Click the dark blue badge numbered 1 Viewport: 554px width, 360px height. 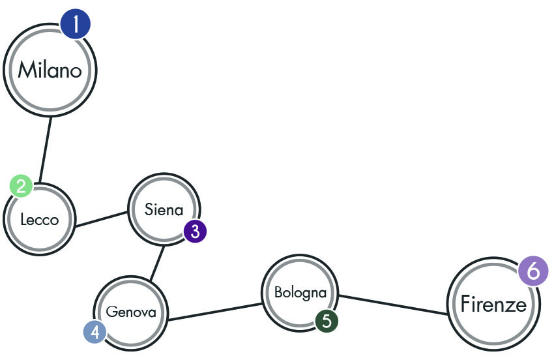point(75,24)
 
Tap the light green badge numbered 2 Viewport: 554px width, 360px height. point(22,186)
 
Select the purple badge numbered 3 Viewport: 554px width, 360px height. point(195,232)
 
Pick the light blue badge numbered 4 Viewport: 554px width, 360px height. point(95,333)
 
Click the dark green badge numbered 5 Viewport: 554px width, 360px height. point(327,321)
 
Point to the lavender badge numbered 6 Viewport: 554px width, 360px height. point(534,271)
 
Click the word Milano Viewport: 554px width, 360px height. point(50,70)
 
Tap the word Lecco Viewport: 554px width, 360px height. point(40,220)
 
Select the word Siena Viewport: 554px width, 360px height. point(164,210)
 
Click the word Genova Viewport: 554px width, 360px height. point(131,312)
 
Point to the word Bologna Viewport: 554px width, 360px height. point(300,293)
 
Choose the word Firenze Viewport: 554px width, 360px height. point(493,304)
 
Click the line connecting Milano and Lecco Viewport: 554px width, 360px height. point(45,150)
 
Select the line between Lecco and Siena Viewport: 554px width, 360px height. point(102,219)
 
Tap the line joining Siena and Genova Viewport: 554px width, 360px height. point(157,264)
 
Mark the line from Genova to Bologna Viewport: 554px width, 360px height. point(215,312)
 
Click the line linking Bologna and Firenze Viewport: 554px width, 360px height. point(392,305)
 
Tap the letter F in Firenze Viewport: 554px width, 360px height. point(465,304)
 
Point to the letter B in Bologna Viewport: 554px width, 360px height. point(278,292)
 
